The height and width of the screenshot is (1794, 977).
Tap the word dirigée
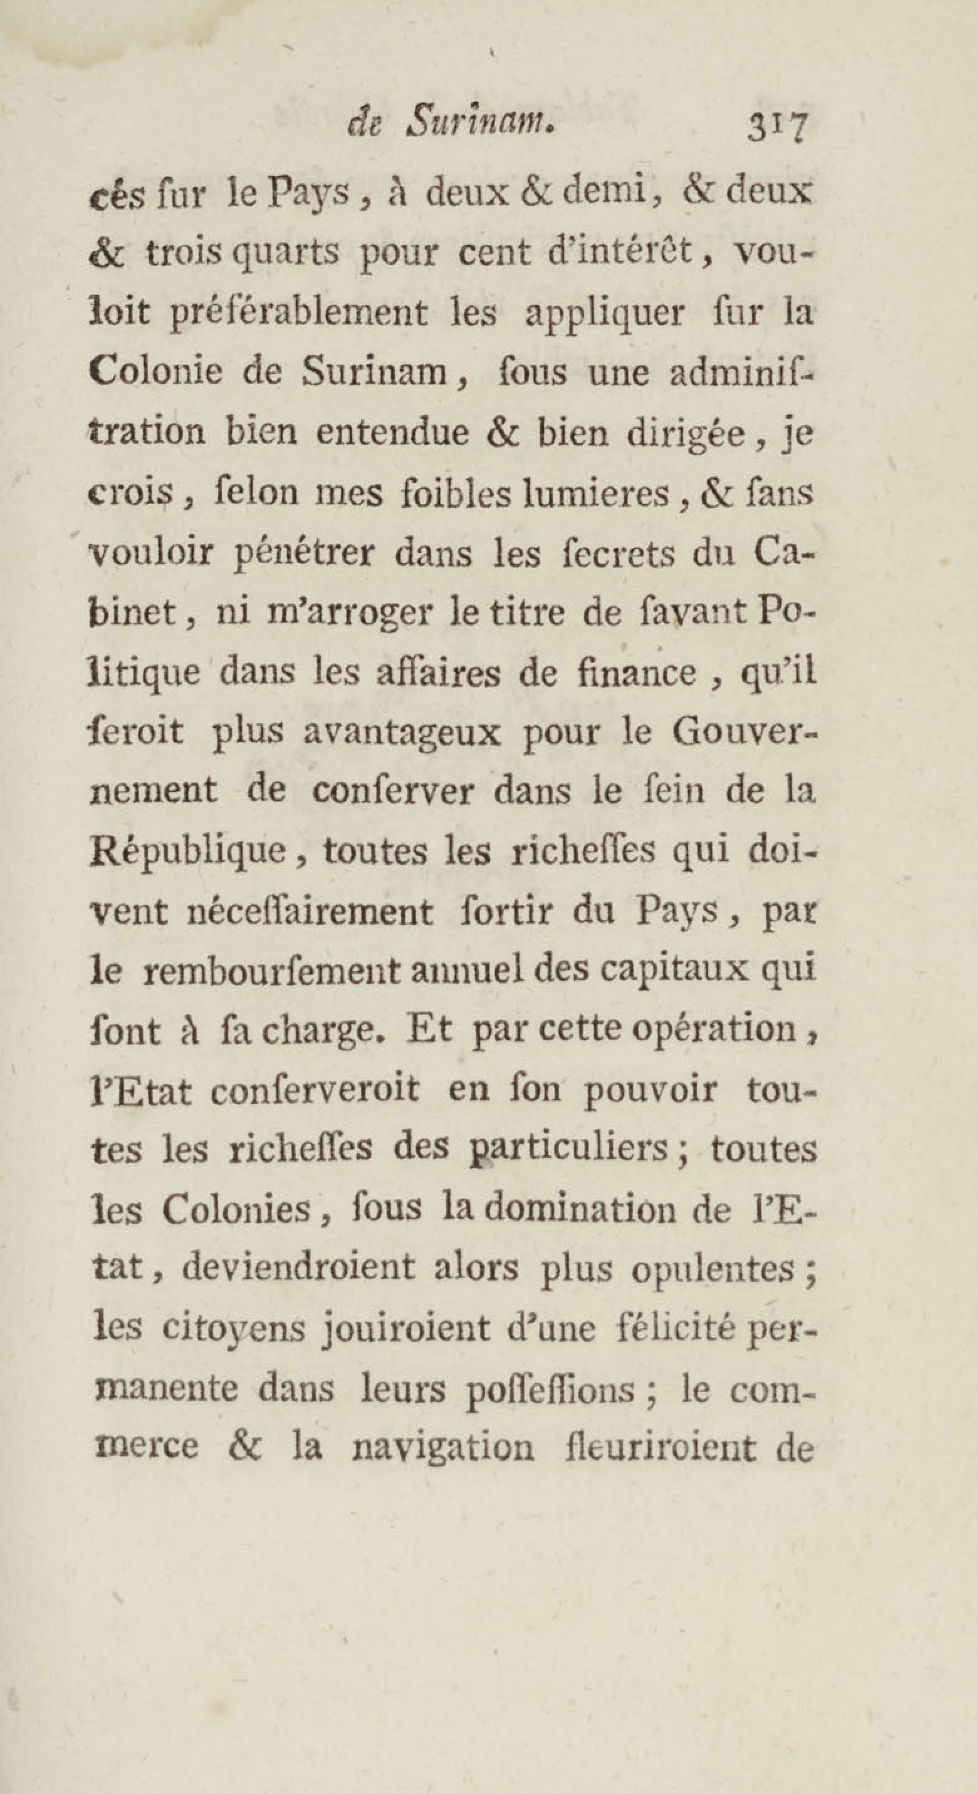click(682, 433)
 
